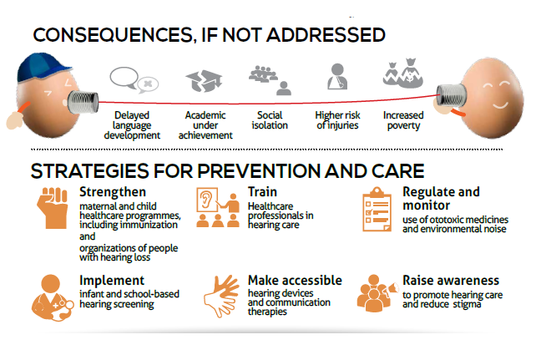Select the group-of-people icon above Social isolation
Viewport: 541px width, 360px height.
[x=269, y=79]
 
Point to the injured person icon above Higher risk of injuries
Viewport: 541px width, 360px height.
[x=337, y=79]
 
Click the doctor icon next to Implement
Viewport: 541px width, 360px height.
[x=51, y=293]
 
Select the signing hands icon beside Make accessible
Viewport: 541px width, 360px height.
[x=219, y=295]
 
